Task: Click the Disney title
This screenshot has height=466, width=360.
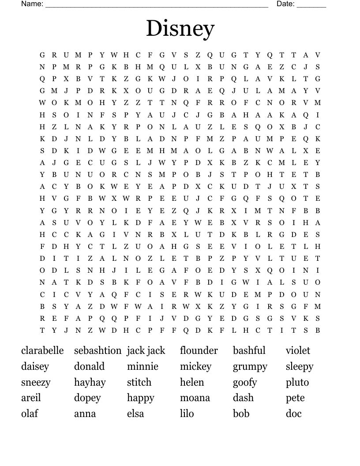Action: pyautogui.click(x=180, y=29)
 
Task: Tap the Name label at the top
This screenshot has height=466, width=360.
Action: pyautogui.click(x=32, y=4)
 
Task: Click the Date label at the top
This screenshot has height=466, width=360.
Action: pyautogui.click(x=285, y=4)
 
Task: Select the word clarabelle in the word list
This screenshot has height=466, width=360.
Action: pyautogui.click(x=42, y=350)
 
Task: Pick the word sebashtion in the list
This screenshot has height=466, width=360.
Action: pyautogui.click(x=97, y=350)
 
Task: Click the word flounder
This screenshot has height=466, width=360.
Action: pyautogui.click(x=199, y=350)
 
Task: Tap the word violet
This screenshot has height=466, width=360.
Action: pyautogui.click(x=298, y=350)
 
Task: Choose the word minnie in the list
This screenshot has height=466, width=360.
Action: pyautogui.click(x=142, y=366)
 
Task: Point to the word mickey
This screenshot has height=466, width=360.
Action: pyautogui.click(x=195, y=366)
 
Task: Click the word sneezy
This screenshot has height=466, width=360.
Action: pyautogui.click(x=36, y=382)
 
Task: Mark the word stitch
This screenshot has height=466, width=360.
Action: pyautogui.click(x=139, y=382)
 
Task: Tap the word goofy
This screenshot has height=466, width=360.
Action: pyautogui.click(x=245, y=383)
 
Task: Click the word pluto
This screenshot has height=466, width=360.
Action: pyautogui.click(x=297, y=382)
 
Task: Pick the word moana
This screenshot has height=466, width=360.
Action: pyautogui.click(x=195, y=398)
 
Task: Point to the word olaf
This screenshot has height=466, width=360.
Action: pyautogui.click(x=30, y=413)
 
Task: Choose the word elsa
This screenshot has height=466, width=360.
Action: pyautogui.click(x=135, y=413)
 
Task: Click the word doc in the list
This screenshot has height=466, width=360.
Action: pyautogui.click(x=293, y=413)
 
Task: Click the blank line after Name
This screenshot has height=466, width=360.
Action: pyautogui.click(x=157, y=5)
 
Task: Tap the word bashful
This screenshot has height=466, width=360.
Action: pyautogui.click(x=249, y=350)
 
